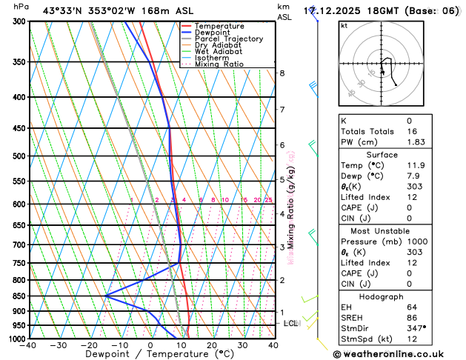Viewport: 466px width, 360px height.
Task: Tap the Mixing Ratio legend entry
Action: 217,64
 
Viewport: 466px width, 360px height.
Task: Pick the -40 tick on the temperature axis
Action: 29,345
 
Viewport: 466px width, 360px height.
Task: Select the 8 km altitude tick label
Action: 282,73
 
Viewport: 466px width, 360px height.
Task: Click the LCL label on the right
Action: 290,324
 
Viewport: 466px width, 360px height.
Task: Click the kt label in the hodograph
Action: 344,25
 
